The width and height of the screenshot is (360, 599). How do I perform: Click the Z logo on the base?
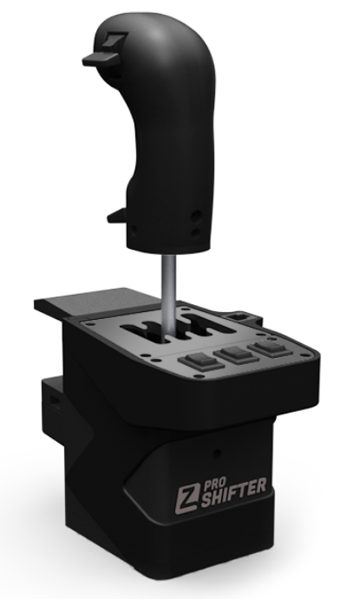(187, 498)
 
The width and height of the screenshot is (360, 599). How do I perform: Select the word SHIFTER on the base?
(232, 495)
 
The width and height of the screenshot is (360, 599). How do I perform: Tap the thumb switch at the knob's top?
(105, 51)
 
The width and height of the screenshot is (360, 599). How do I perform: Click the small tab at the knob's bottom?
(116, 216)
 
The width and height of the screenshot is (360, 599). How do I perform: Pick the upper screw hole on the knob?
(196, 216)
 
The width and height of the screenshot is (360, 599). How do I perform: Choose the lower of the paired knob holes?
(196, 232)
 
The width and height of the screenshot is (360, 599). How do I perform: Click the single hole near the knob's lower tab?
(134, 231)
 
